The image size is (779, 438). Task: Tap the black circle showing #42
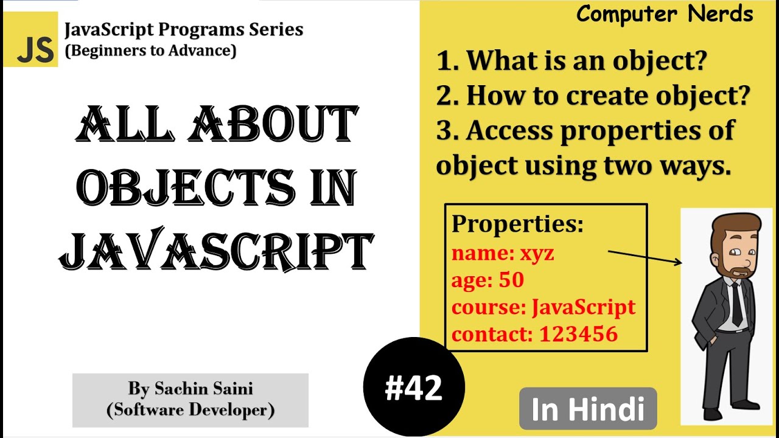pyautogui.click(x=414, y=387)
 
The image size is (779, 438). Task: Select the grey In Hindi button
pyautogui.click(x=587, y=409)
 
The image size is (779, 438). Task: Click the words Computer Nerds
pyautogui.click(x=665, y=13)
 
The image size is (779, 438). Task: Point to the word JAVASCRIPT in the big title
pyautogui.click(x=216, y=251)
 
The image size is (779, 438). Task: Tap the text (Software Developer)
pyautogui.click(x=190, y=410)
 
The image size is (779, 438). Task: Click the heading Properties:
pyautogui.click(x=517, y=224)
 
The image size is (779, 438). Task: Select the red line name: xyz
pyautogui.click(x=503, y=253)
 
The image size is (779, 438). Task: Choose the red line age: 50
pyautogui.click(x=487, y=280)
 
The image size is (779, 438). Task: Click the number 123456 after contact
pyautogui.click(x=579, y=333)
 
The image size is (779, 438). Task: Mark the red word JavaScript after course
pyautogui.click(x=583, y=307)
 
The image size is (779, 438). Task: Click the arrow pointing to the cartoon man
pyautogui.click(x=645, y=257)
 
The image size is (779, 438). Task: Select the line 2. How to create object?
pyautogui.click(x=593, y=95)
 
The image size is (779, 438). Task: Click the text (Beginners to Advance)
pyautogui.click(x=151, y=51)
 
